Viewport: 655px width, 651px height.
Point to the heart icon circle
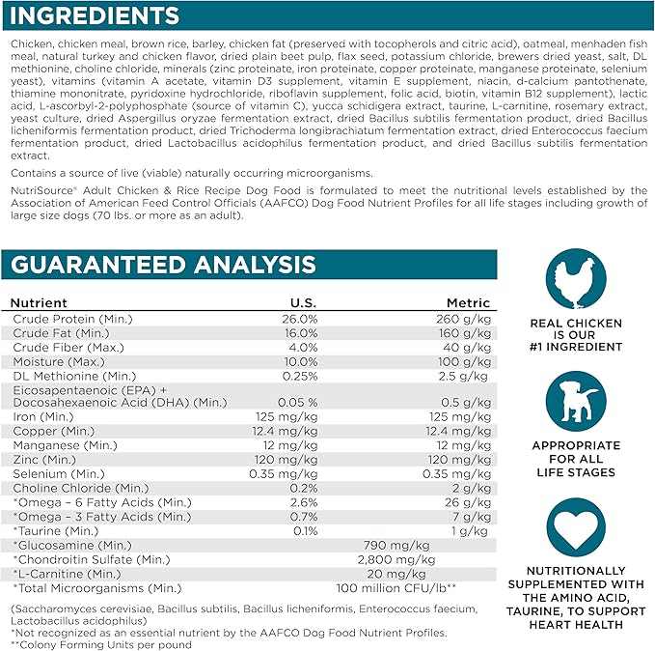(576, 530)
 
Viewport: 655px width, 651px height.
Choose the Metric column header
(468, 302)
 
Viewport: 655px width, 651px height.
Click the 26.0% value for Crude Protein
(299, 319)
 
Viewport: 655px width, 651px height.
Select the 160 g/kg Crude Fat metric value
(467, 333)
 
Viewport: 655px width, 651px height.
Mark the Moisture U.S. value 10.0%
(299, 361)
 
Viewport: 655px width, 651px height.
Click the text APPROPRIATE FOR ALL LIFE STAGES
(576, 460)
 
